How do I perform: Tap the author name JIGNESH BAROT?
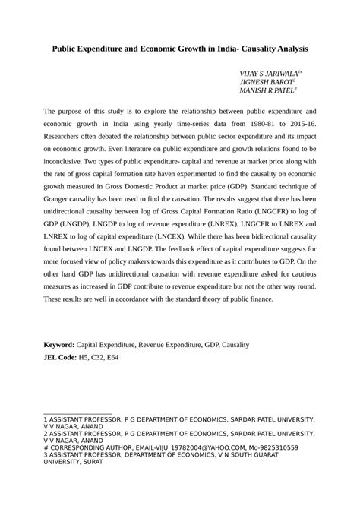tap(266, 82)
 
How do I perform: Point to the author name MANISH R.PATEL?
tap(268, 91)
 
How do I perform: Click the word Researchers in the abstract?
tap(68, 141)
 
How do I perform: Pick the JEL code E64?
tap(126, 356)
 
